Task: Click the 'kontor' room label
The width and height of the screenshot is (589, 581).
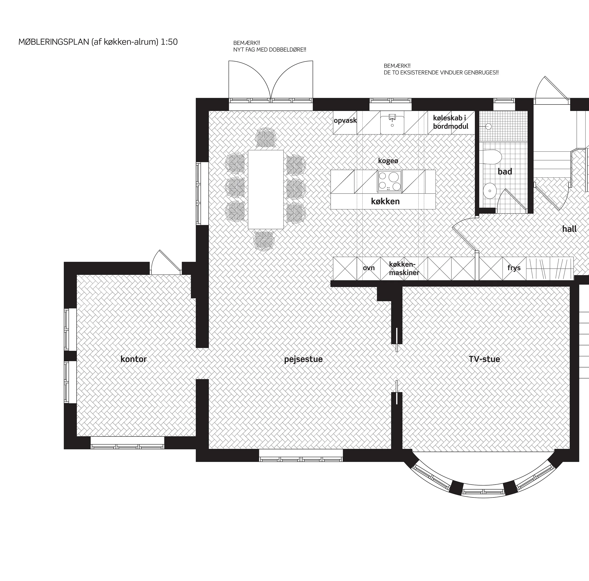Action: pyautogui.click(x=133, y=359)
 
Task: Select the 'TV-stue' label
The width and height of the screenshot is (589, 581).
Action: pyautogui.click(x=485, y=359)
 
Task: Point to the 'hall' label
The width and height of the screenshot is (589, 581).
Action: pyautogui.click(x=569, y=229)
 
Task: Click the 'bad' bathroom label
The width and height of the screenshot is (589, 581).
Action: pyautogui.click(x=505, y=171)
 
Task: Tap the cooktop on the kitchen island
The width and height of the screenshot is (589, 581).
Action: pyautogui.click(x=390, y=181)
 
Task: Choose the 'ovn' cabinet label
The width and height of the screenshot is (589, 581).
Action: pyautogui.click(x=369, y=268)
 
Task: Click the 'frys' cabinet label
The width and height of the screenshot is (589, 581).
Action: pyautogui.click(x=514, y=268)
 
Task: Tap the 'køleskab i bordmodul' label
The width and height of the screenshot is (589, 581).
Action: pyautogui.click(x=450, y=122)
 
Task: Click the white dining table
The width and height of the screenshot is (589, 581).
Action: pyautogui.click(x=266, y=189)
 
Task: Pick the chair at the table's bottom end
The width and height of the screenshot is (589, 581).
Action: pyautogui.click(x=264, y=241)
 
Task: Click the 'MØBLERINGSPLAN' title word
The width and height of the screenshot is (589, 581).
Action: pyautogui.click(x=54, y=42)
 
